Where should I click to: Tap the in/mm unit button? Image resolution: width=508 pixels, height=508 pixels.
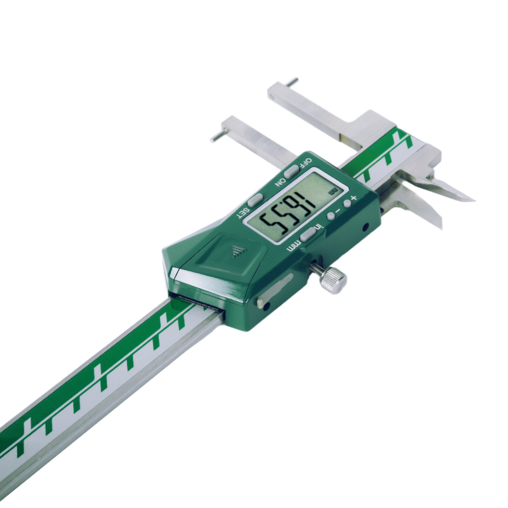click(309, 234)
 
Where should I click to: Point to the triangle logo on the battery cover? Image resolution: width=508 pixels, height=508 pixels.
click(237, 251)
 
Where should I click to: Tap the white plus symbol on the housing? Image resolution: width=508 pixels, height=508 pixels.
click(353, 199)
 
